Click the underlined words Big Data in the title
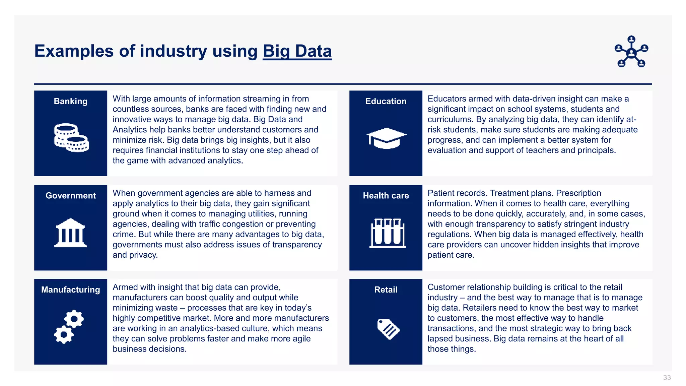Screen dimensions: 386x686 coord(297,51)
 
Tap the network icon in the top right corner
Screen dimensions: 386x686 coord(631,52)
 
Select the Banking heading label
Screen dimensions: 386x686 coord(71,101)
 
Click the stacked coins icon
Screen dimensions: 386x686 coord(71,138)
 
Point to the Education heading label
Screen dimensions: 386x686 coord(386,101)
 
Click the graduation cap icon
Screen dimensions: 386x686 coord(386,138)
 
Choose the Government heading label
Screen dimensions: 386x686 coord(71,196)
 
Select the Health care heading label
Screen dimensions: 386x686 coord(386,196)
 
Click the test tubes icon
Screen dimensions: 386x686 coord(388,233)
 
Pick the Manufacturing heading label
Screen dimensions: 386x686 coord(71,290)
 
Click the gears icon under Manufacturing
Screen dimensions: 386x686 coord(69,326)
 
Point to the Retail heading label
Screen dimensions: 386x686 coord(386,290)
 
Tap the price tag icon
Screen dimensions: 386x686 coord(388,329)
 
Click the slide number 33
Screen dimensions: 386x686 coord(667,378)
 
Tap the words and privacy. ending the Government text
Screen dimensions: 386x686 coord(135,255)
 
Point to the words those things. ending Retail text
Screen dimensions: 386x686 coord(451,349)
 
